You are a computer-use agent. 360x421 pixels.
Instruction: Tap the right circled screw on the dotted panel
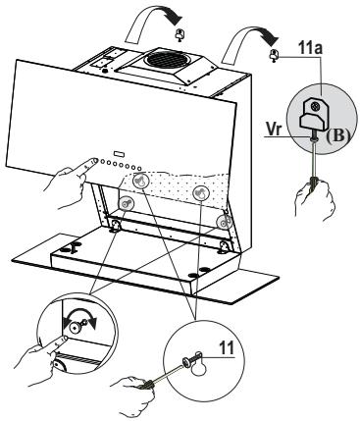201,191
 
